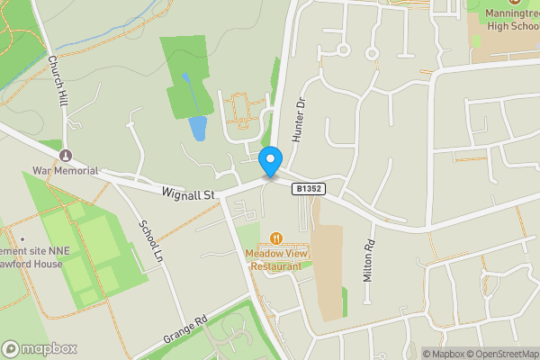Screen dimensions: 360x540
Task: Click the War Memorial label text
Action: pyautogui.click(x=65, y=170)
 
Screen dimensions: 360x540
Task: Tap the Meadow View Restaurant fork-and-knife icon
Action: pyautogui.click(x=275, y=238)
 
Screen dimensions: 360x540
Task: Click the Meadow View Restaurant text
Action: pyautogui.click(x=276, y=259)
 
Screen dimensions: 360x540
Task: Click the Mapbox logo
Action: pyautogui.click(x=39, y=348)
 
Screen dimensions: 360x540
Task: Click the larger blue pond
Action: pyautogui.click(x=197, y=128)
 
